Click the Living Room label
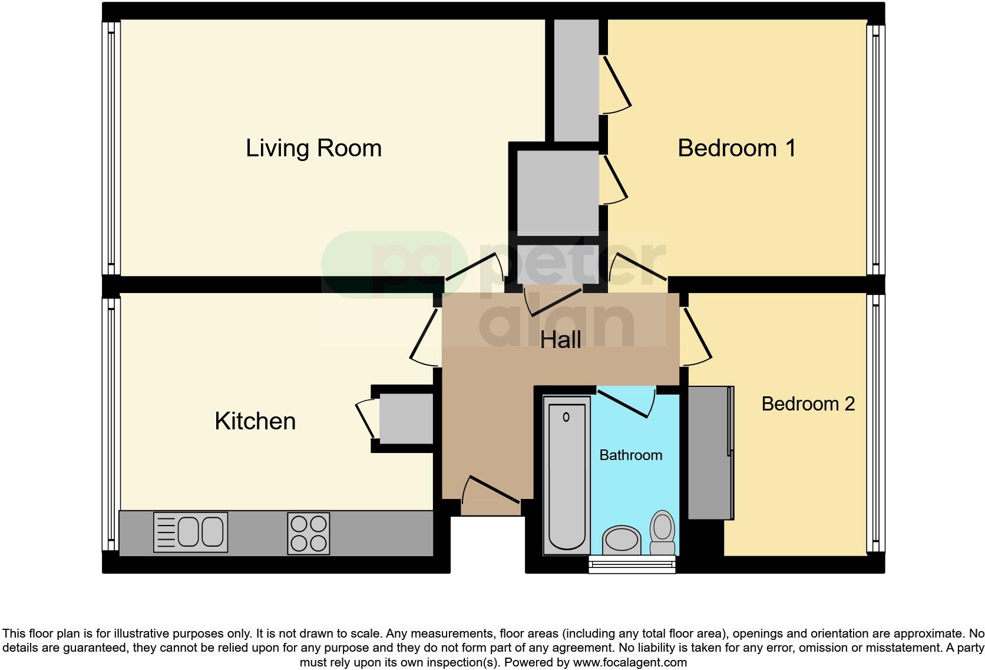(x=313, y=148)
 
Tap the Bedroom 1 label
(x=736, y=148)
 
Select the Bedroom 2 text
(x=808, y=404)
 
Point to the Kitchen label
(x=255, y=421)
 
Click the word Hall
(x=560, y=340)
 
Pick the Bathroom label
(x=630, y=455)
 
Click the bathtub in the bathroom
(x=566, y=475)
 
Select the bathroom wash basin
(x=621, y=538)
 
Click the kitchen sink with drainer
(x=190, y=532)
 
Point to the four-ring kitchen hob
(x=308, y=533)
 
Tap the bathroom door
(x=626, y=402)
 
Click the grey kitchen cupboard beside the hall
(x=405, y=419)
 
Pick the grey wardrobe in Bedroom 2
(x=710, y=452)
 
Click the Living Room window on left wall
(x=111, y=147)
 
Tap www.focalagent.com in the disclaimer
(x=630, y=662)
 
